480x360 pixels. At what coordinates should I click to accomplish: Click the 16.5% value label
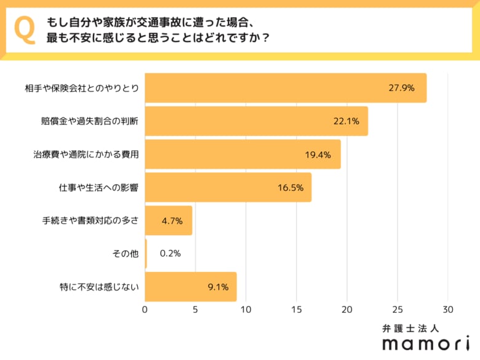pos(290,188)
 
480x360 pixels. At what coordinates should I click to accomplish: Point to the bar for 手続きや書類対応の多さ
pos(169,220)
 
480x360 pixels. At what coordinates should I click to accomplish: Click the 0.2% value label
pos(170,254)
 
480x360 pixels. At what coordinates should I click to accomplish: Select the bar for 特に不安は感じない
pos(191,287)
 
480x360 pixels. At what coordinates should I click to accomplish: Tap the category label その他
pos(127,254)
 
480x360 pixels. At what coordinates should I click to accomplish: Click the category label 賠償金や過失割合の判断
pos(86,121)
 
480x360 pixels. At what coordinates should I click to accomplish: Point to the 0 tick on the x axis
pos(145,309)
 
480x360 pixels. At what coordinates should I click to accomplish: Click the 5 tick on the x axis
pos(196,309)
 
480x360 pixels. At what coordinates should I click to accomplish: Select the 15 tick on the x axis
pos(297,309)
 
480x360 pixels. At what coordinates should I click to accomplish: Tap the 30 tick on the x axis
pos(448,309)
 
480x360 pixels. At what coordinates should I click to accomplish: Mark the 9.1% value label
pos(218,287)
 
